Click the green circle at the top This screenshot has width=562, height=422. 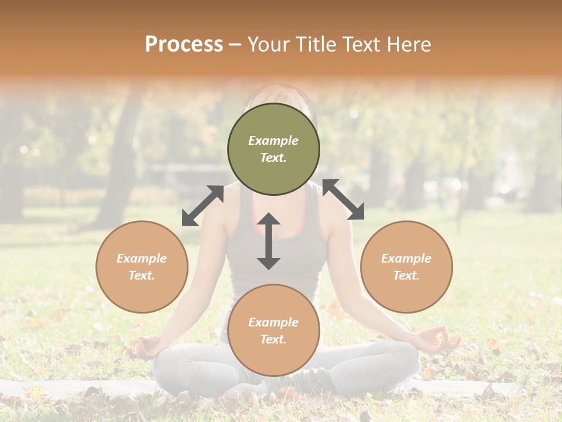click(x=273, y=149)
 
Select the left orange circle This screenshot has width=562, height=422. click(x=142, y=267)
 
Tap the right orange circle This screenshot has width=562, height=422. click(x=406, y=267)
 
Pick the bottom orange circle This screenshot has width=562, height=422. click(x=273, y=331)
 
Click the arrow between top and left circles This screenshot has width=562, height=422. click(x=203, y=206)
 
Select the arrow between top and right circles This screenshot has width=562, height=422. click(x=343, y=199)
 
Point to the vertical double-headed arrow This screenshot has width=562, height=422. click(x=269, y=241)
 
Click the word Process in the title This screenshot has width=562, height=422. click(x=184, y=44)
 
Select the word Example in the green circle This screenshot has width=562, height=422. click(x=273, y=141)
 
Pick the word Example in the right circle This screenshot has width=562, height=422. click(x=406, y=258)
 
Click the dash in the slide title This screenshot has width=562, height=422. click(x=235, y=44)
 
